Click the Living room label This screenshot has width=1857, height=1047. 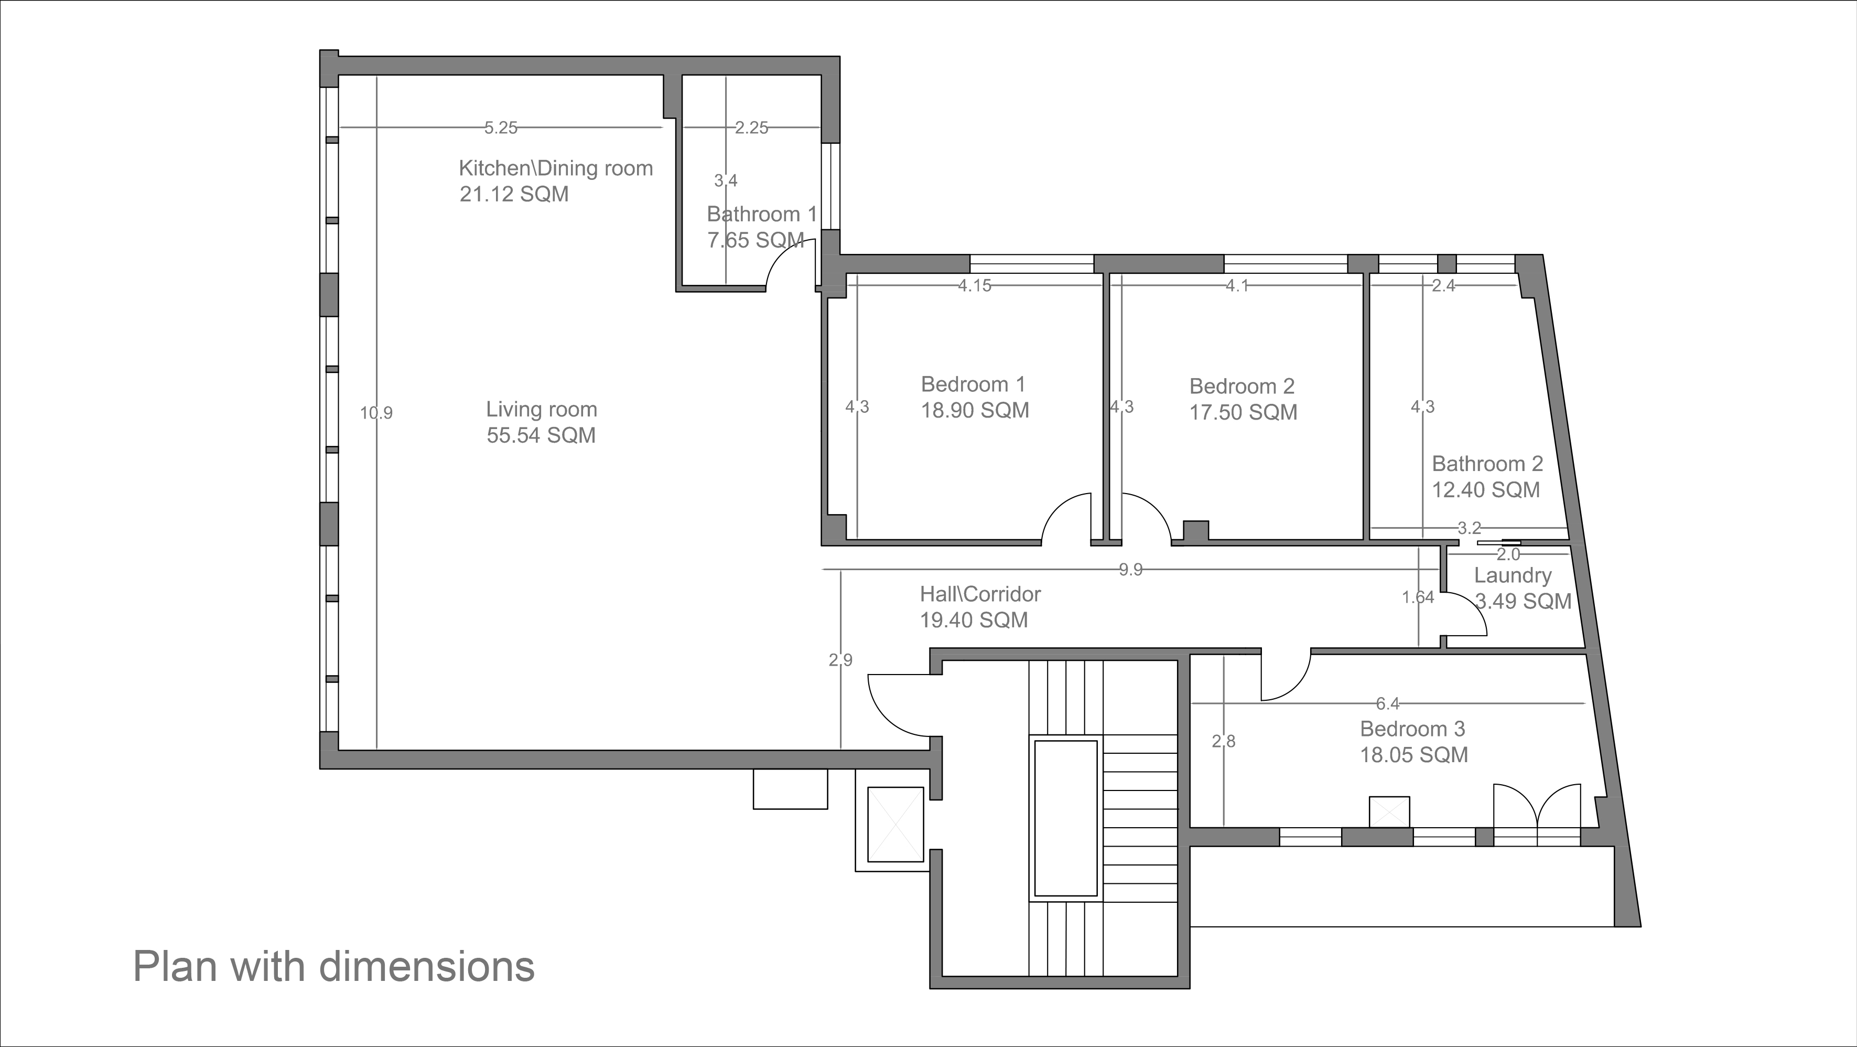coord(542,410)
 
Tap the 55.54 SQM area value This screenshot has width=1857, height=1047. coord(542,435)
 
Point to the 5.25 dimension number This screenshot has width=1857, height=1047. coord(501,127)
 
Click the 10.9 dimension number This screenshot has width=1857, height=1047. coord(376,413)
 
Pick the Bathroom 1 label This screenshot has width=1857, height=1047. coord(762,214)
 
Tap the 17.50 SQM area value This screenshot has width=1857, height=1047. coord(1244,412)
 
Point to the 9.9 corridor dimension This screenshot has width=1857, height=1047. coord(1131,570)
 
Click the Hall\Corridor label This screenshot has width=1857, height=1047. coord(980,594)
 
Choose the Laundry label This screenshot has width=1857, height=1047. coord(1513,575)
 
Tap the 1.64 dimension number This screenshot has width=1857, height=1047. coord(1418,597)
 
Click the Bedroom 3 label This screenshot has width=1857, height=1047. coord(1413,729)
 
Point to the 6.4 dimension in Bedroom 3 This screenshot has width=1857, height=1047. coord(1388,703)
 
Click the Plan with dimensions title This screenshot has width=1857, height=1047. coord(334,967)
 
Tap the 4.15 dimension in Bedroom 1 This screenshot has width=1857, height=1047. coord(975,285)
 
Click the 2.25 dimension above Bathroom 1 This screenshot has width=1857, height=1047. coord(751,127)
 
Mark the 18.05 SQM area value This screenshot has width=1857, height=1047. coord(1413,755)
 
